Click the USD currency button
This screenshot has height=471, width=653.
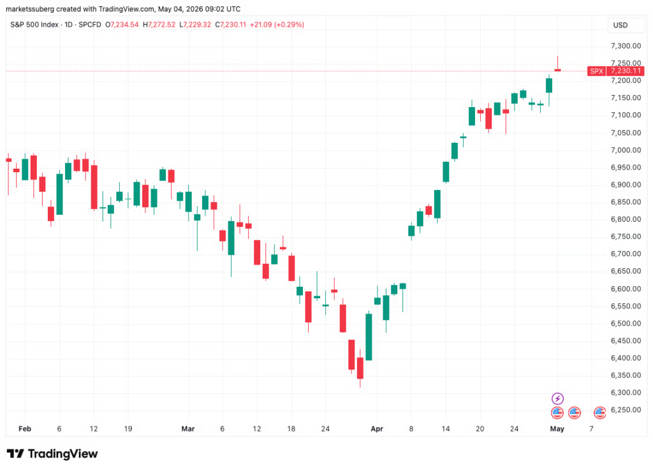pos(620,25)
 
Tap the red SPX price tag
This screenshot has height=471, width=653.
pos(615,71)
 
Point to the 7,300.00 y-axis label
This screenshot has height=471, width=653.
pos(626,46)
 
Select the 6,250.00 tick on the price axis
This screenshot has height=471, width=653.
pos(626,410)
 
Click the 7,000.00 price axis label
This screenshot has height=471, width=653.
pos(626,150)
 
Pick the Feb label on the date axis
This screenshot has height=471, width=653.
pos(25,428)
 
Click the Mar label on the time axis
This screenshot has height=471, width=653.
pos(188,428)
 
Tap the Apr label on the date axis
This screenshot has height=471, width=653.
pos(376,428)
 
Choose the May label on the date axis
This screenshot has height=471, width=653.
pos(557,428)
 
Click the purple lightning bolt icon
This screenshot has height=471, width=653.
pos(557,398)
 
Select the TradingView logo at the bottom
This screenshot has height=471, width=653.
pos(52,454)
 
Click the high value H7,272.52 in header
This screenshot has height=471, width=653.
pos(159,25)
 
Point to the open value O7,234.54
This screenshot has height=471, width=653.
pos(122,25)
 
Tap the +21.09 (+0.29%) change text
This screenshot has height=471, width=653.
pos(277,25)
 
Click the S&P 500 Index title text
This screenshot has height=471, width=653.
pos(34,25)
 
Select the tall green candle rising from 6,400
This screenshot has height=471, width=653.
pos(369,337)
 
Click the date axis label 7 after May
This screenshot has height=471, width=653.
pos(591,428)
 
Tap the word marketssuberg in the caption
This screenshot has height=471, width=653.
pos(30,9)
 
